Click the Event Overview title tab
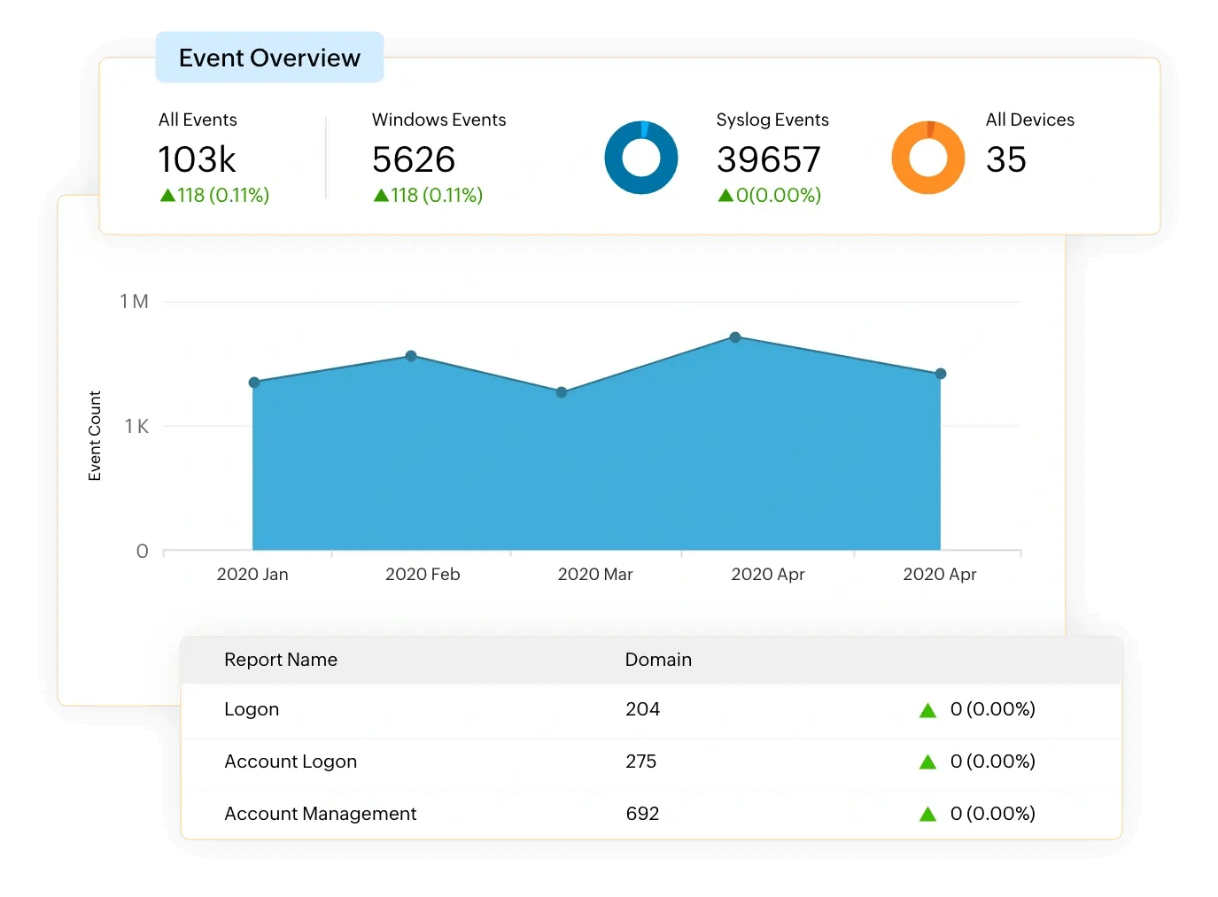pos(269,58)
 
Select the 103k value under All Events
pos(197,159)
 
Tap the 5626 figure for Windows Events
pos(413,159)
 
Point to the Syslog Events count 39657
pos(768,159)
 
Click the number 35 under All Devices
pos(1005,159)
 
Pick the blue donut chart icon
pos(640,158)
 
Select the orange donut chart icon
pos(927,158)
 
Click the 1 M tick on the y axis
pos(134,302)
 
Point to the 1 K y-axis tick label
pos(136,427)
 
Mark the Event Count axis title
pos(95,436)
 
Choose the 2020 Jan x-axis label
pos(252,575)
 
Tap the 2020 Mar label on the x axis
pos(595,575)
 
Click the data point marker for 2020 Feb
pos(411,356)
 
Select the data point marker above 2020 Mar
pos(562,392)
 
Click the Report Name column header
pos(281,660)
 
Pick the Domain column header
pos(658,660)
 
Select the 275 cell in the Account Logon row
pos(640,762)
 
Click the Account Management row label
pos(320,814)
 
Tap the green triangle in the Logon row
pos(927,710)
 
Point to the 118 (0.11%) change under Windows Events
pos(428,195)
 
